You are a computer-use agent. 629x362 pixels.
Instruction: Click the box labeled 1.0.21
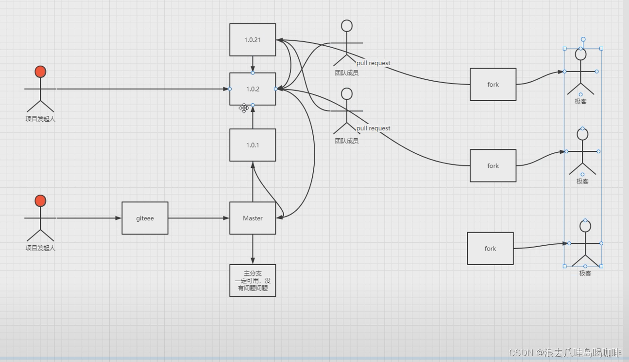pyautogui.click(x=253, y=40)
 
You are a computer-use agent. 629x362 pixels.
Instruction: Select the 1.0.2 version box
pyautogui.click(x=253, y=89)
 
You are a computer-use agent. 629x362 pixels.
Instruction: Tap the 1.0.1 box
pyautogui.click(x=253, y=145)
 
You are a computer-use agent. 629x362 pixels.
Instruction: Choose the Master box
pyautogui.click(x=253, y=218)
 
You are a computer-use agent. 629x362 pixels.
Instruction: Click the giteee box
pyautogui.click(x=145, y=218)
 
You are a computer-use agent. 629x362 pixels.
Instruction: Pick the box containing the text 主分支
pyautogui.click(x=253, y=280)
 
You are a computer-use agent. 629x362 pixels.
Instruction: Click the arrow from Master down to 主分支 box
pyautogui.click(x=253, y=249)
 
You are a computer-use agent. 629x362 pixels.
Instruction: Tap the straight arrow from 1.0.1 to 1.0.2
pyautogui.click(x=253, y=117)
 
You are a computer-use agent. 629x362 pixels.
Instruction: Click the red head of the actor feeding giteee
pyautogui.click(x=40, y=201)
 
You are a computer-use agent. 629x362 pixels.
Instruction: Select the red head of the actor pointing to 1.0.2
pyautogui.click(x=40, y=72)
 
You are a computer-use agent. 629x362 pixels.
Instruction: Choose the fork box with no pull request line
pyautogui.click(x=490, y=248)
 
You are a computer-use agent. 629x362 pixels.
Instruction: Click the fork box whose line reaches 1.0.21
pyautogui.click(x=493, y=84)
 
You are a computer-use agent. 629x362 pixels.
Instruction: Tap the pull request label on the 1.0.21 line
pyautogui.click(x=373, y=63)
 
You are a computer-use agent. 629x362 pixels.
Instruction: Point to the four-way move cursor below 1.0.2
pyautogui.click(x=244, y=109)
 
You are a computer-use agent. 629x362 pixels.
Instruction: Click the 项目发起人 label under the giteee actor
pyautogui.click(x=40, y=248)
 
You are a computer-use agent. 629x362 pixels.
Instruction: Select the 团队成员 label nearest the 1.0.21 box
pyautogui.click(x=346, y=73)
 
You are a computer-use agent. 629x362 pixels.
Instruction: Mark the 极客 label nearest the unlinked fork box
pyautogui.click(x=585, y=273)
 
